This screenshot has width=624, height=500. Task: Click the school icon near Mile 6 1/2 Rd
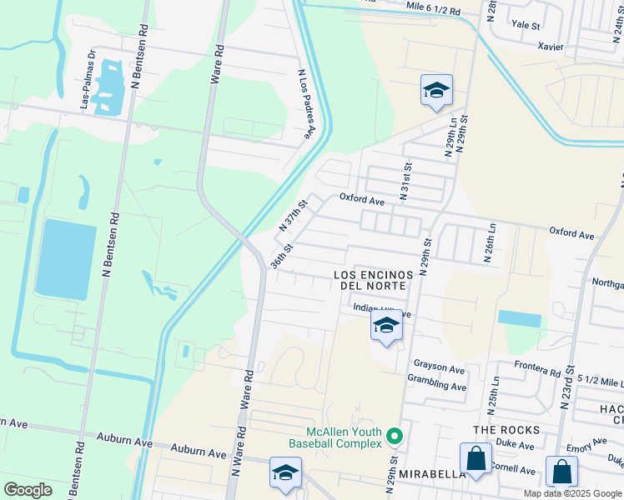point(435,91)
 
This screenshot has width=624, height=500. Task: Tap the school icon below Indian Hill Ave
point(386,327)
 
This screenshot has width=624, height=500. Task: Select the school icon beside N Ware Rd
point(285,472)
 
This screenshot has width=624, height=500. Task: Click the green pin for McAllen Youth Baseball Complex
point(395,436)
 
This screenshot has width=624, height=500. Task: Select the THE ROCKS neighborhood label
point(506,430)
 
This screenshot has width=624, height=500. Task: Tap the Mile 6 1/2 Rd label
point(433,10)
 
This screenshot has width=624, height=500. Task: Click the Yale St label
point(526,25)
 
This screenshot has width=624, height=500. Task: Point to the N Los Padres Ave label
point(306,103)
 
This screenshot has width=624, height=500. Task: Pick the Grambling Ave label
point(436,387)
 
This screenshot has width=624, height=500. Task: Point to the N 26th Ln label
point(491,242)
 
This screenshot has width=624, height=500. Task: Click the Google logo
point(28,490)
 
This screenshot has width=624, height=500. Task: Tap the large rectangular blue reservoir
point(62,259)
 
